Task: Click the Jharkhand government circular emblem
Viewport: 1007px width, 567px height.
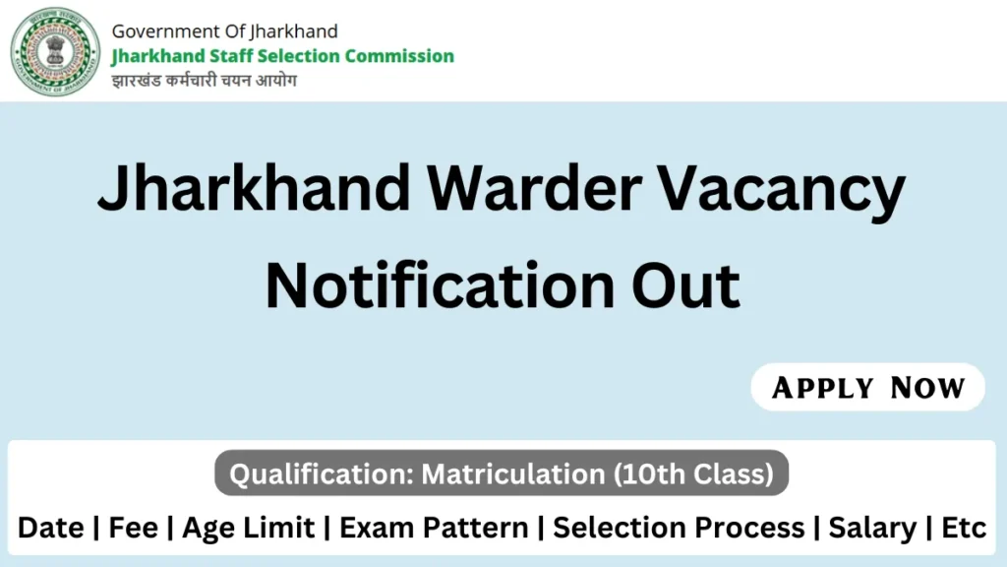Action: (55, 52)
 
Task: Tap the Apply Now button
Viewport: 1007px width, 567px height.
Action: (867, 387)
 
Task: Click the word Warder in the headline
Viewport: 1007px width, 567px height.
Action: (534, 188)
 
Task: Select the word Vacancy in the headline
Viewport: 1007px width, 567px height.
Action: (782, 191)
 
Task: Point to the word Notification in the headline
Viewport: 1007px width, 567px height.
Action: (440, 284)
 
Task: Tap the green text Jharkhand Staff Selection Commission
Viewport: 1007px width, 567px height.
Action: (282, 56)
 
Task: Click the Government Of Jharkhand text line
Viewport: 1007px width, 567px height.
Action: (225, 31)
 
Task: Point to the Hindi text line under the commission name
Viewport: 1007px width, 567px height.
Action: (205, 81)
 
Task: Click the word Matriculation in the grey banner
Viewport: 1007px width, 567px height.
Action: (512, 473)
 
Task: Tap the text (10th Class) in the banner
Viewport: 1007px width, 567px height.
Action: (693, 473)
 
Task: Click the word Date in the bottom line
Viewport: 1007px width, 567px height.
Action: (51, 528)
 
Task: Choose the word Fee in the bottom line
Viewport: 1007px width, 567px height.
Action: (133, 528)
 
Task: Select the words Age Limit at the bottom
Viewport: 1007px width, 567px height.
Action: (249, 529)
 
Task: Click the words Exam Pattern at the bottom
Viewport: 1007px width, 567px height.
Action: (434, 528)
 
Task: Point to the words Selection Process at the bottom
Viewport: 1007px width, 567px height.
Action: (679, 528)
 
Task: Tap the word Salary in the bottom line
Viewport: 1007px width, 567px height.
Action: (872, 529)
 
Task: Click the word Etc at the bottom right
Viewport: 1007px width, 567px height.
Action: (964, 528)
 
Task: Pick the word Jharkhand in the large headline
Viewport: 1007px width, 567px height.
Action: (254, 188)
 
